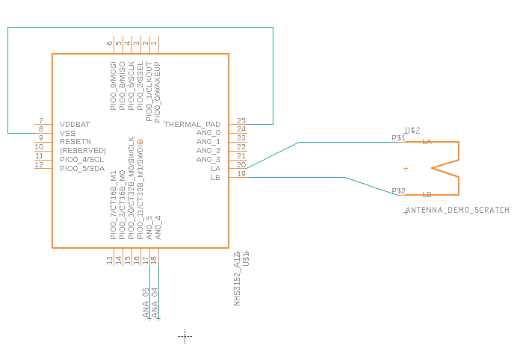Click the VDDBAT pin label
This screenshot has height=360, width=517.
(75, 124)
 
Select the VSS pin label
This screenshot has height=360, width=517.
(67, 133)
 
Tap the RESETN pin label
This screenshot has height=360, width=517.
(75, 141)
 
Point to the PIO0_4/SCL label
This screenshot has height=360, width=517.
(81, 159)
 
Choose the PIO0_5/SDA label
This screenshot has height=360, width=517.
(81, 168)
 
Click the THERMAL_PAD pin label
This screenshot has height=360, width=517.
(192, 124)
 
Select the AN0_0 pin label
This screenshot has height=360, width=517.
(208, 132)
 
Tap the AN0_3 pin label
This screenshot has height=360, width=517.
(208, 159)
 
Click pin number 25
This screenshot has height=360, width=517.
(241, 120)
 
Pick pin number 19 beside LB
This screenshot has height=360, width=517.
(241, 174)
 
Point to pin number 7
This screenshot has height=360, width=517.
(40, 120)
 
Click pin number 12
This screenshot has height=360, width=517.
(40, 164)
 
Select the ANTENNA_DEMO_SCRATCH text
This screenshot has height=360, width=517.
(456, 211)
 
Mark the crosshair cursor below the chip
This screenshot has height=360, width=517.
(185, 337)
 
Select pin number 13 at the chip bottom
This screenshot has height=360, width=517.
(110, 260)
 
